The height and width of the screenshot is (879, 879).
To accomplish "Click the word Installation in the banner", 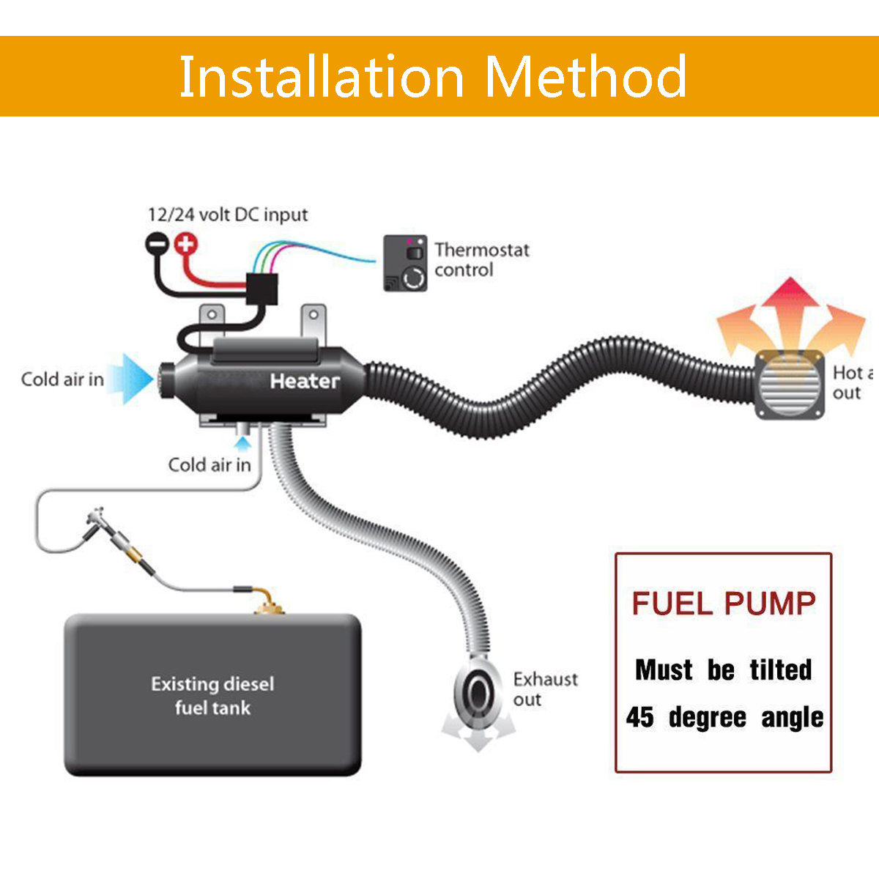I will (321, 77).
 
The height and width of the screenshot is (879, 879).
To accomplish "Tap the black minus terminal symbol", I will (156, 242).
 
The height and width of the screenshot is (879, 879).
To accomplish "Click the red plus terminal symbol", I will (187, 242).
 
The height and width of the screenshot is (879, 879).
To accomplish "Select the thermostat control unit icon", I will (405, 264).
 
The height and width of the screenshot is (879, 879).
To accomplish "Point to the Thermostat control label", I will (481, 260).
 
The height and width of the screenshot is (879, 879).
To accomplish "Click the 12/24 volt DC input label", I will (228, 215).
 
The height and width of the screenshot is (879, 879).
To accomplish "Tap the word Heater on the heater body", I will (304, 381).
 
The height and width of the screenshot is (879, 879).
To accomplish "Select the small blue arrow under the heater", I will (242, 442).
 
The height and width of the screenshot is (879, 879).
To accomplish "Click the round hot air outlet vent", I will (790, 385).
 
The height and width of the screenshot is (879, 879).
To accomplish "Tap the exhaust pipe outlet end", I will (477, 691).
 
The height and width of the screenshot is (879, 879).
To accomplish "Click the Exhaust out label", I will (544, 689).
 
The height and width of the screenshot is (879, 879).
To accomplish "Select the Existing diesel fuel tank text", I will (212, 695).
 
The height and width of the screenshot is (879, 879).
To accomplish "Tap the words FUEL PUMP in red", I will (724, 604).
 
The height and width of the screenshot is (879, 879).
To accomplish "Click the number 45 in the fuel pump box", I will (639, 717).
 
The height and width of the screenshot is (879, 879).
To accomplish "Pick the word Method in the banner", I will (585, 77).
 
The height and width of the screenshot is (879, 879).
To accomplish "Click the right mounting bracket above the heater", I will (314, 322).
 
